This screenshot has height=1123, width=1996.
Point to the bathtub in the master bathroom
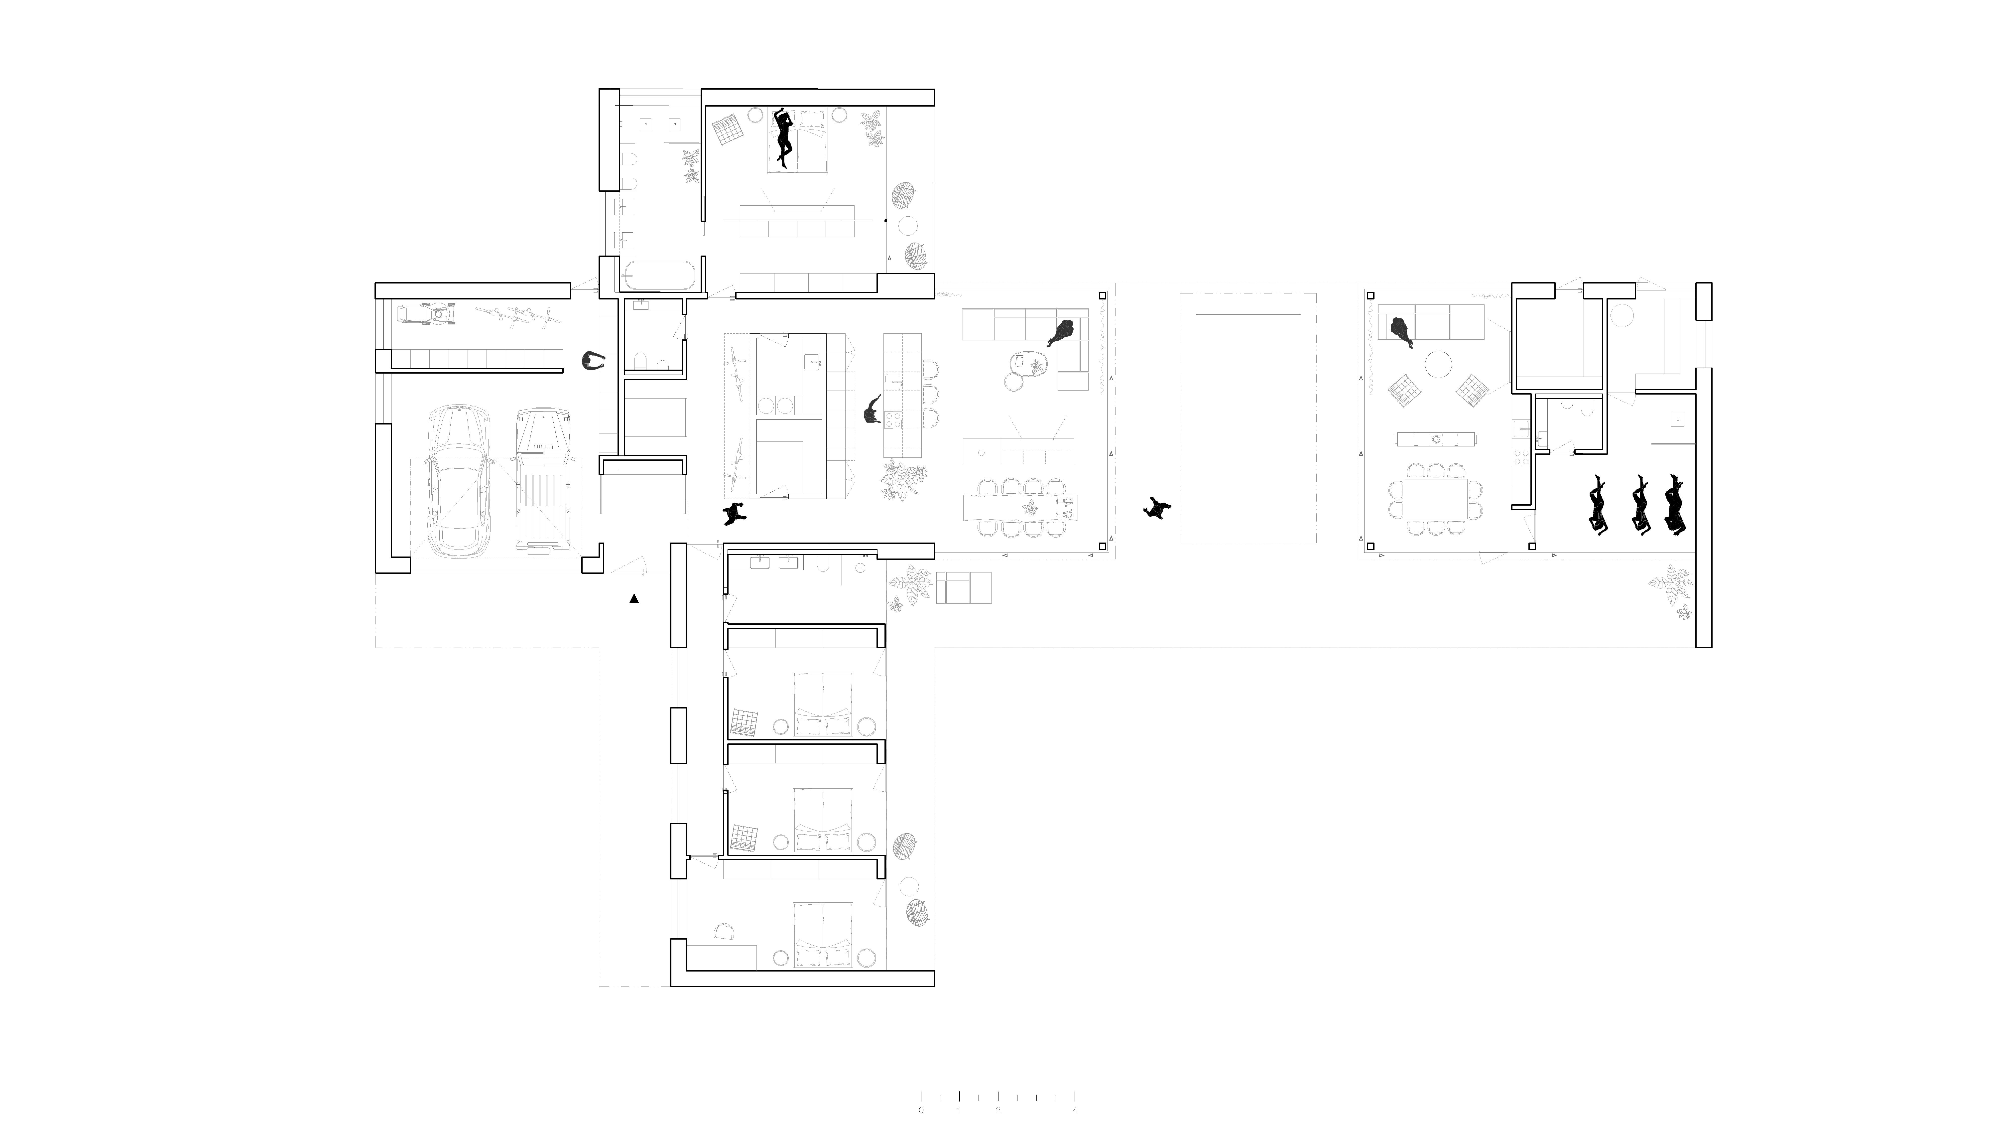(x=659, y=275)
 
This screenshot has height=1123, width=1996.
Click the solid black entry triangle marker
(x=634, y=598)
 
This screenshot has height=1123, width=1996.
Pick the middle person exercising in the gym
(x=1640, y=504)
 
